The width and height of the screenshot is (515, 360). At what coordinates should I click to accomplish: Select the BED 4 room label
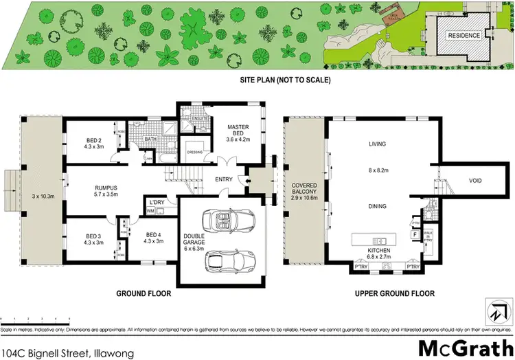click(x=154, y=238)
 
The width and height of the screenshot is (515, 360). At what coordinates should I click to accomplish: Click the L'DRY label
click(x=155, y=202)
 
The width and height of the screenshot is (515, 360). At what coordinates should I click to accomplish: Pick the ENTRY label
click(x=225, y=180)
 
